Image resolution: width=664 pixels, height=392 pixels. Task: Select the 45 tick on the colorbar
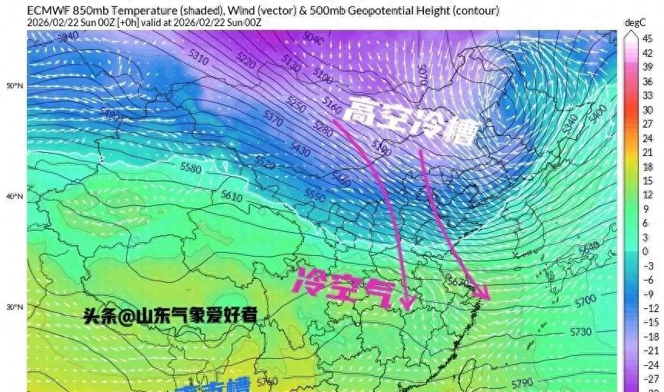(x=647, y=38)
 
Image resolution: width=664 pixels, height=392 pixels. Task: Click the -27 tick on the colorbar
(x=649, y=379)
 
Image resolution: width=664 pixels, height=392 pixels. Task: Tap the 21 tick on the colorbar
(x=647, y=152)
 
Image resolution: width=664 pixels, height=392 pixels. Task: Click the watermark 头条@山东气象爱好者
(x=171, y=315)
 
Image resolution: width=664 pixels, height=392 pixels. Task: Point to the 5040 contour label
(x=313, y=37)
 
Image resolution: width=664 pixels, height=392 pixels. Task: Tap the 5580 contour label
(x=189, y=168)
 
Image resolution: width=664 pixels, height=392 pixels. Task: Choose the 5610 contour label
(x=231, y=196)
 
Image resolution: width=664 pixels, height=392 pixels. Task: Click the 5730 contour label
(x=582, y=331)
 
